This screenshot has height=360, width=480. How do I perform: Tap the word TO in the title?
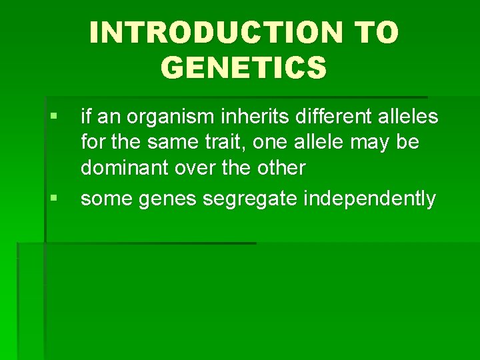(376, 33)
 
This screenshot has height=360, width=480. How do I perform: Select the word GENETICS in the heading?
(244, 67)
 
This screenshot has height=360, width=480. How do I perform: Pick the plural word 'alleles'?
(409, 117)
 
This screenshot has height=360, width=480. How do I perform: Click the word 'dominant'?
(125, 168)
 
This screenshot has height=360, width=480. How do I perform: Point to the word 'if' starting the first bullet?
(85, 117)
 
